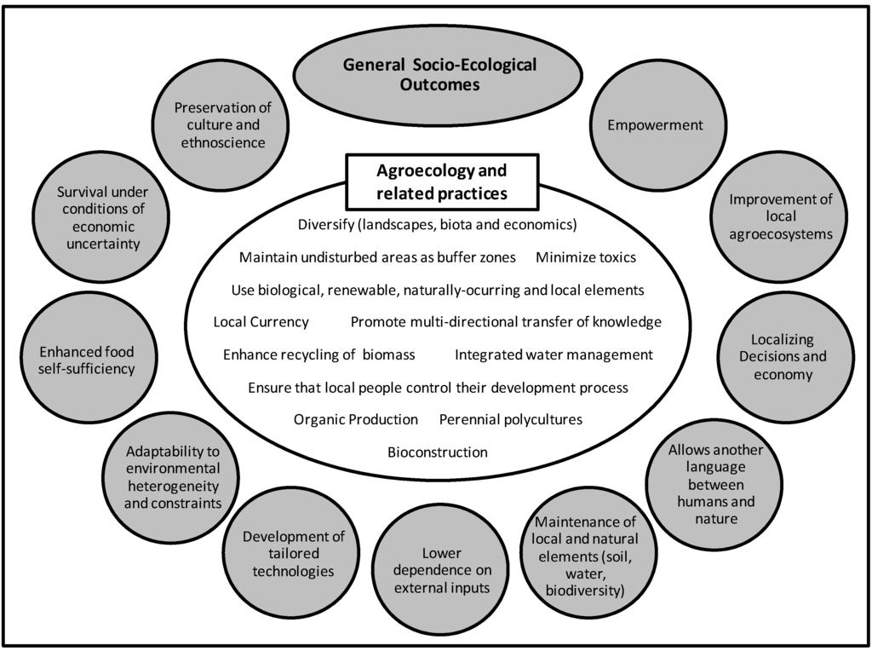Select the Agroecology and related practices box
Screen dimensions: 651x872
tap(441, 181)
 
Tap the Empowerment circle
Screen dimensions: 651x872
tap(655, 125)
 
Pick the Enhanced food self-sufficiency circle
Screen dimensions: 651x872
tap(87, 360)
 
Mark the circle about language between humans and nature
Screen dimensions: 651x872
tap(715, 484)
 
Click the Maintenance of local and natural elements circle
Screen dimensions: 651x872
tap(584, 556)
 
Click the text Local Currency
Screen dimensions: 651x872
tap(261, 322)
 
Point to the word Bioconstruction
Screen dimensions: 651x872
tap(437, 452)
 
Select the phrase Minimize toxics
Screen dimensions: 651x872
tap(585, 257)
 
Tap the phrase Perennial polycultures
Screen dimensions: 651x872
tap(510, 419)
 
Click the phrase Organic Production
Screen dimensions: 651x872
tap(355, 419)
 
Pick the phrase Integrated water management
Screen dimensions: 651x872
tap(554, 354)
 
